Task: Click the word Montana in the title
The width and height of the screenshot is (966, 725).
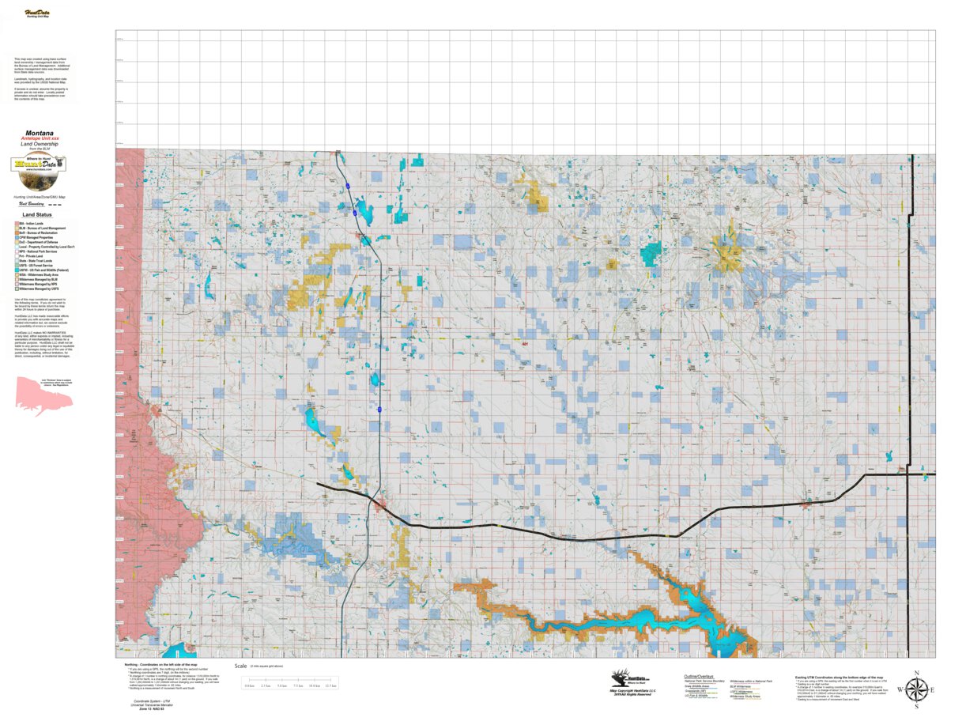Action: (40, 133)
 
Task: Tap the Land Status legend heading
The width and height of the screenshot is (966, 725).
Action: (37, 214)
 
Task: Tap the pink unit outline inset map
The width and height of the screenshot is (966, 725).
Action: (42, 395)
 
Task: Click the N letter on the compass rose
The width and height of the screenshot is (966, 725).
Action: (915, 674)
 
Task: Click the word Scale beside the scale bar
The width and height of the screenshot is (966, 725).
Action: (240, 666)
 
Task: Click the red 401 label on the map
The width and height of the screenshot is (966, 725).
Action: (525, 344)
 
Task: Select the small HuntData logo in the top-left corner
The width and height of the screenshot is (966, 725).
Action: (36, 13)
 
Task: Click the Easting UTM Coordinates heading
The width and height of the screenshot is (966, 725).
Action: (838, 678)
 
